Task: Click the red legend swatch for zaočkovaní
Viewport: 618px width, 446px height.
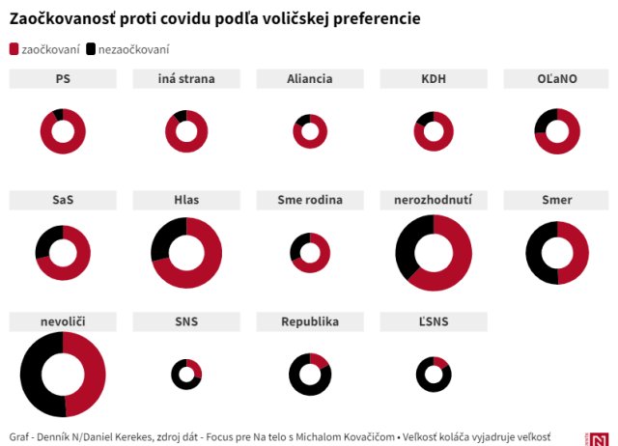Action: click(x=14, y=49)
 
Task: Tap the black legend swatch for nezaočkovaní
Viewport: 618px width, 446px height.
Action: click(x=91, y=49)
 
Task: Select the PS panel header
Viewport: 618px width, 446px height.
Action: click(x=63, y=79)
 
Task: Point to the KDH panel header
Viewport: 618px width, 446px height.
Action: click(x=434, y=79)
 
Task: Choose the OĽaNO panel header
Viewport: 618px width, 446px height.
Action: click(x=557, y=79)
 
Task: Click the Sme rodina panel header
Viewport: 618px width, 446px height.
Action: click(x=310, y=201)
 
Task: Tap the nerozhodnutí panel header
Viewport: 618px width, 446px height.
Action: click(x=434, y=201)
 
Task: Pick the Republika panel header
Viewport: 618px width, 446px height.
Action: click(x=310, y=321)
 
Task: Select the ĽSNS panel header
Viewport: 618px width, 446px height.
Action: click(x=434, y=321)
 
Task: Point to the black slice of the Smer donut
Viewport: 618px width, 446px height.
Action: click(x=537, y=253)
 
